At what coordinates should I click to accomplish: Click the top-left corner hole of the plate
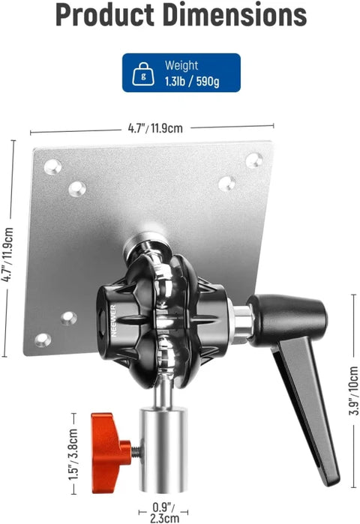52,166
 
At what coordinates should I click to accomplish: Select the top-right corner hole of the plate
254,160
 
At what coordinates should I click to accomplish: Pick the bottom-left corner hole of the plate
43,340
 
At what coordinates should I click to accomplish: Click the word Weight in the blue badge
181,66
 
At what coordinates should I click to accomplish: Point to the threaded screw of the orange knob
136,452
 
